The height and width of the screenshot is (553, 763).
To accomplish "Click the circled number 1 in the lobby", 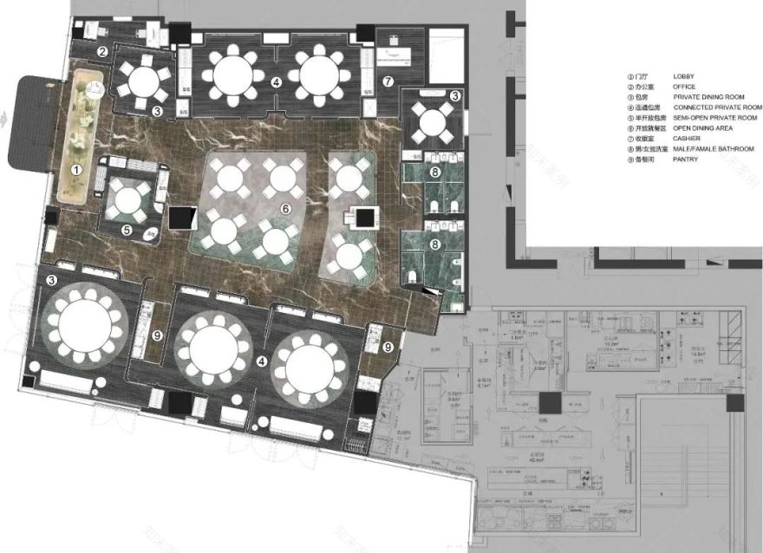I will pos(76,170).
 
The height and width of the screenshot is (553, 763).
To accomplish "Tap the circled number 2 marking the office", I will pos(102,52).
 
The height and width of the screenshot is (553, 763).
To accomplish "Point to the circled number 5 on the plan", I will pos(127,231).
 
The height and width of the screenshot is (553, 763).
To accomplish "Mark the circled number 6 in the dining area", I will pos(284,208).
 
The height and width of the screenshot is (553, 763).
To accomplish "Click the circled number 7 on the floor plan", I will pos(388,81).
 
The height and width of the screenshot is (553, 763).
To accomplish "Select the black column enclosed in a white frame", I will pos(363,217).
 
